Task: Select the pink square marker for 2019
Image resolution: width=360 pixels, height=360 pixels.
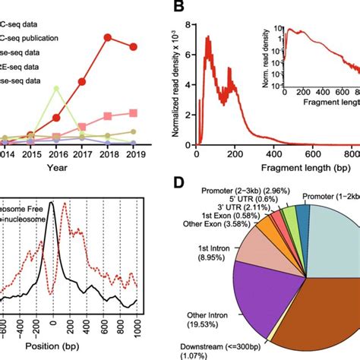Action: click(134, 112)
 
